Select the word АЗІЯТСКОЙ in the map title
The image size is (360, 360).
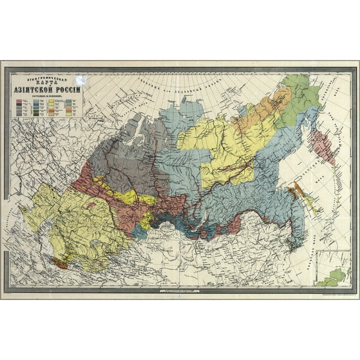coord(36,89)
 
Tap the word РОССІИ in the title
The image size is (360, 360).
coord(69,89)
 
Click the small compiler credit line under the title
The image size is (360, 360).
coord(48,96)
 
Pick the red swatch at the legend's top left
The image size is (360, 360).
coord(19,102)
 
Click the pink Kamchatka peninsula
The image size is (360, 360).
coord(322,147)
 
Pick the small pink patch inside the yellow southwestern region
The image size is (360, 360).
coord(91,205)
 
